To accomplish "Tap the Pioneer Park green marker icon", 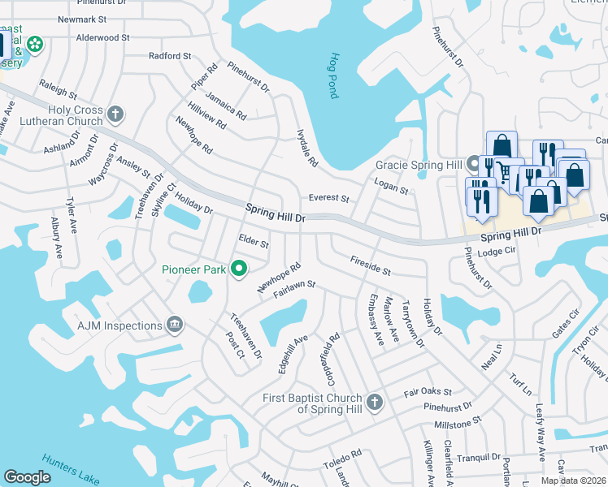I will tap(239, 268).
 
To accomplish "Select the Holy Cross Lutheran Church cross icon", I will tap(115, 114).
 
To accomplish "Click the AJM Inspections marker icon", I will tap(175, 325).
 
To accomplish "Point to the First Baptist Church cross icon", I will tap(374, 402).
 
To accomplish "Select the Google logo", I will tap(28, 477).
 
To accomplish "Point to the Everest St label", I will tap(328, 198).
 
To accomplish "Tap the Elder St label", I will tap(254, 240).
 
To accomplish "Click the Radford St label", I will tap(170, 56).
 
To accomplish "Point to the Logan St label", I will tap(391, 187).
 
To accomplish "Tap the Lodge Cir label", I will tap(497, 252).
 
